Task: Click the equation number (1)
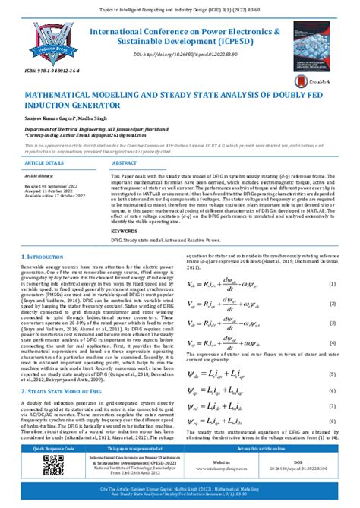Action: coord(332,263)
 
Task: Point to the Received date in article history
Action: coord(51,186)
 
